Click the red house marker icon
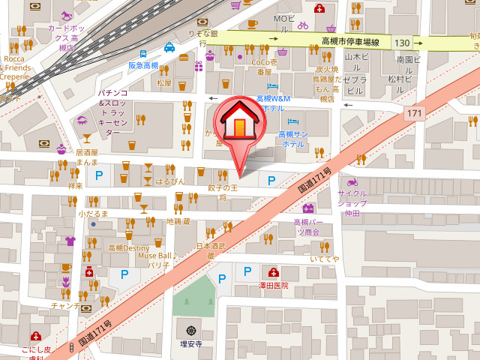coord(238,121)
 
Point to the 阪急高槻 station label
coord(143,65)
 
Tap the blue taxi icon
coord(169,48)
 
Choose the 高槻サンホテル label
coord(292,139)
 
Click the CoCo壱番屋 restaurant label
coord(264,67)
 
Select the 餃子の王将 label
coord(222,191)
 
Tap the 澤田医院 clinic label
coord(273,286)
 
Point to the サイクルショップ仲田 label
coord(352,202)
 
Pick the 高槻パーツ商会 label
coord(306,226)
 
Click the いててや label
coord(324,259)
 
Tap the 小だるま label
coord(93,214)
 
